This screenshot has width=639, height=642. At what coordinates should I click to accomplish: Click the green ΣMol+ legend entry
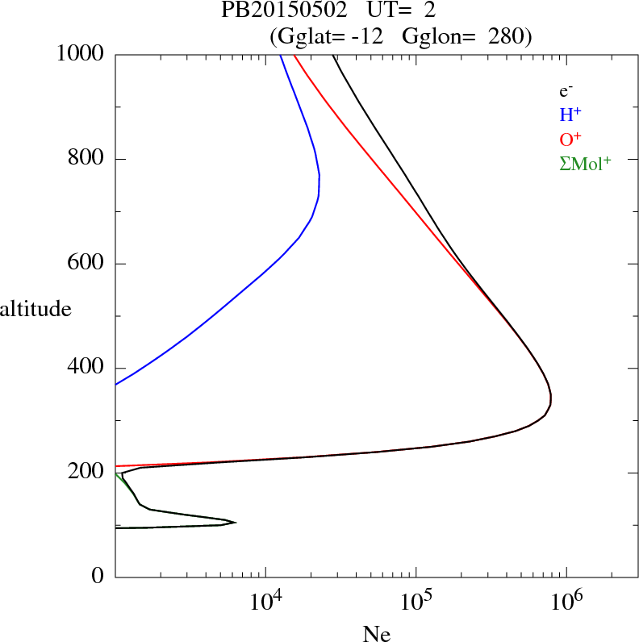tap(585, 163)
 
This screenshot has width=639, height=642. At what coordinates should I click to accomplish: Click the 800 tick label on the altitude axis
tap(87, 159)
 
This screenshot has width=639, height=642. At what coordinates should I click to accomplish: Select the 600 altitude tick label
tap(87, 264)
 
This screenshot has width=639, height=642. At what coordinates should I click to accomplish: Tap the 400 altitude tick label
tap(87, 368)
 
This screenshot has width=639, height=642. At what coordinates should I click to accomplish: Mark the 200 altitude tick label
tap(87, 473)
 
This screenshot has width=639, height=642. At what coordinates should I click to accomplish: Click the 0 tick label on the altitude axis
tap(98, 577)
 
